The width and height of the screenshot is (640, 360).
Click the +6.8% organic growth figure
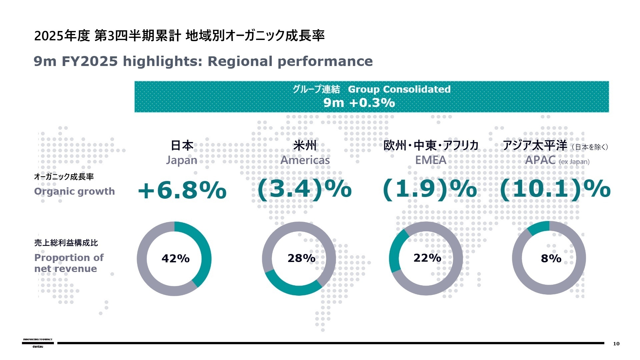(x=182, y=190)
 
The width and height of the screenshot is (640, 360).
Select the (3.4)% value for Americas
(x=304, y=189)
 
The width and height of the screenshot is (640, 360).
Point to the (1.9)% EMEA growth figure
(x=430, y=189)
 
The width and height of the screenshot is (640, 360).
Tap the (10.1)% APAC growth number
(x=555, y=189)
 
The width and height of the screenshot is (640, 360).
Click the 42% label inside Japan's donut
(x=175, y=258)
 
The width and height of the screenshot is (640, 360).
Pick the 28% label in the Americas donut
(x=301, y=258)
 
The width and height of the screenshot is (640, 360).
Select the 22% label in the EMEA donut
(x=427, y=258)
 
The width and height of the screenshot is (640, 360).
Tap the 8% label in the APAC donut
(x=551, y=258)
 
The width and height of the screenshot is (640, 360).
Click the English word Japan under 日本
(x=182, y=160)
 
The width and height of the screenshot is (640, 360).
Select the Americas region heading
(x=305, y=160)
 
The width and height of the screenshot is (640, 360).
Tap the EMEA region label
(x=431, y=160)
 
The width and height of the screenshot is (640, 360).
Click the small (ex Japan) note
(x=574, y=162)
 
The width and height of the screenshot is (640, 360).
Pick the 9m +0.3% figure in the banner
(x=359, y=103)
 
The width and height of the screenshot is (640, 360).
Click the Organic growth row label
(x=74, y=191)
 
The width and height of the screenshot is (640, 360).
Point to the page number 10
(x=616, y=344)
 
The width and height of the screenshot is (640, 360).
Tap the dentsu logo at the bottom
(x=38, y=346)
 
